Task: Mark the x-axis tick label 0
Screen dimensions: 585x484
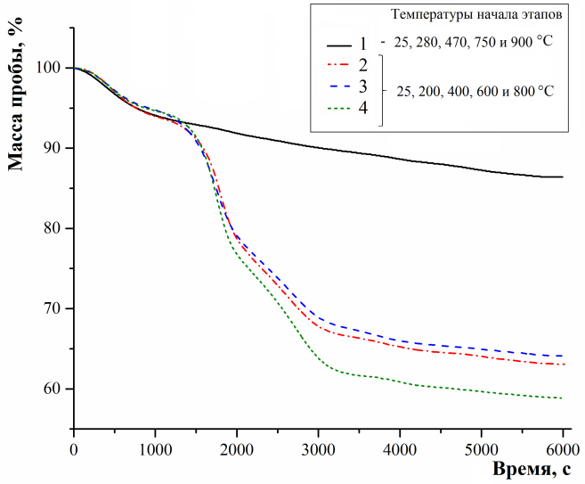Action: [74, 450]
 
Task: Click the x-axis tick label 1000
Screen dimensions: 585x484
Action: [155, 450]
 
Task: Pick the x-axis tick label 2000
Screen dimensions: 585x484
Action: [237, 450]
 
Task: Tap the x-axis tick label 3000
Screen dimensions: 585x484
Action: [318, 450]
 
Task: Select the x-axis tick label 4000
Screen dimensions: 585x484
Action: [400, 450]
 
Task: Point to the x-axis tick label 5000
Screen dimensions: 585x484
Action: [482, 450]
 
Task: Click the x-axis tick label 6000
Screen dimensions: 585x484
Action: [563, 450]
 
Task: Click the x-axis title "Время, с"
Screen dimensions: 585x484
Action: [532, 469]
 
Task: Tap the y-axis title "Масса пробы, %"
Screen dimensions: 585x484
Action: [16, 94]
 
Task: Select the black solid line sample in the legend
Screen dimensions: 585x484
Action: [339, 45]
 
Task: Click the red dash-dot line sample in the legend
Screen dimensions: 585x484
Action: [339, 64]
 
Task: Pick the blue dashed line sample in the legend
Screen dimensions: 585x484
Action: [339, 86]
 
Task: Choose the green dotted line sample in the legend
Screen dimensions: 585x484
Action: [339, 109]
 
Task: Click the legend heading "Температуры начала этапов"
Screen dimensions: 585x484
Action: [476, 14]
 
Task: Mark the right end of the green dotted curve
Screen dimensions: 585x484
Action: [562, 398]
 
